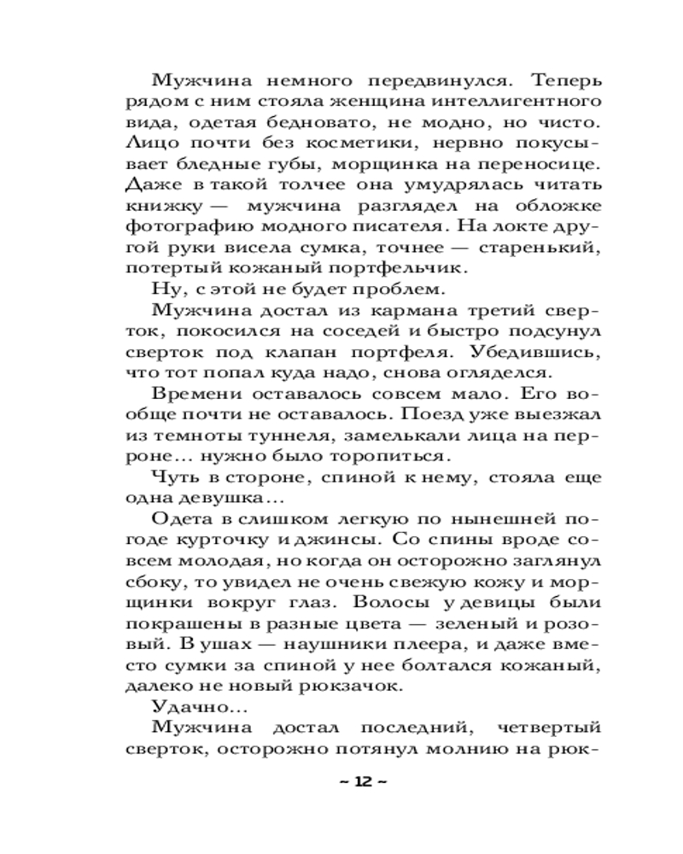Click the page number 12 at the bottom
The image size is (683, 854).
[x=363, y=781]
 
